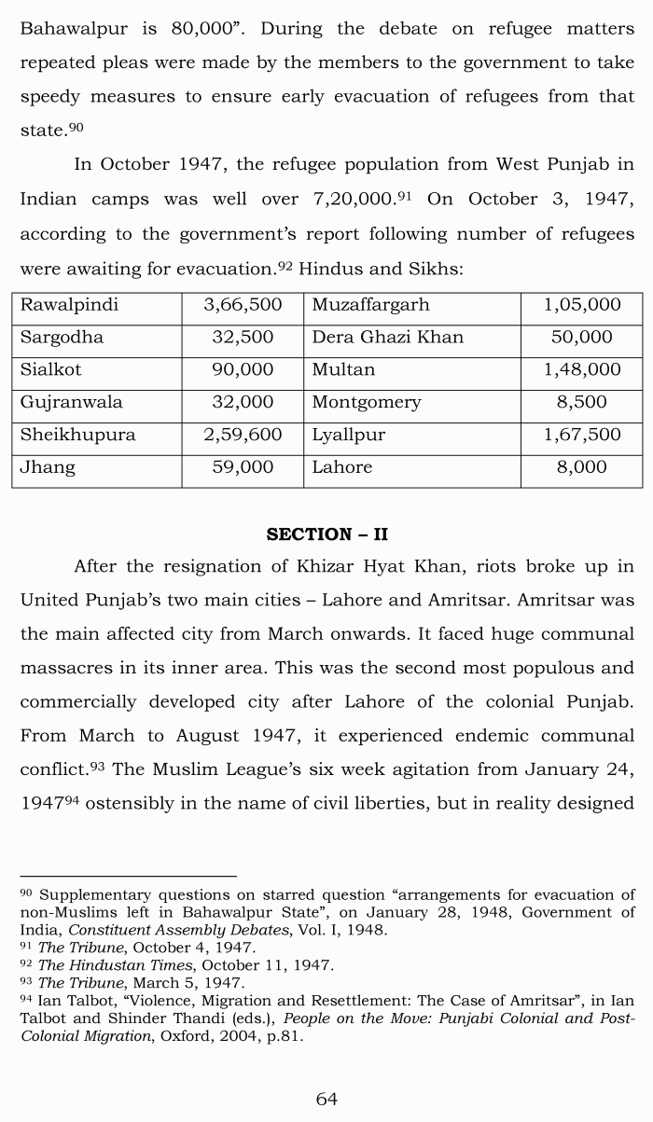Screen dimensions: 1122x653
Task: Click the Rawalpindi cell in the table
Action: pos(70,305)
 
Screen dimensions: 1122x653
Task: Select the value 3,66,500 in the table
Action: pos(243,305)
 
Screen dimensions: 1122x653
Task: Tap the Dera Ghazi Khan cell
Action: pos(387,337)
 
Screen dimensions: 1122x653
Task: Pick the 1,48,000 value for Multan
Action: pos(582,369)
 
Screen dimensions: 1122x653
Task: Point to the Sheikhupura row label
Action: pos(78,435)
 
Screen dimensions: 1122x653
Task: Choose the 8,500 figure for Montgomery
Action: pos(582,402)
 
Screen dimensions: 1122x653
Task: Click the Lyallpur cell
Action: pos(348,435)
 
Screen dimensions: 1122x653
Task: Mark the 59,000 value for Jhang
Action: pos(243,467)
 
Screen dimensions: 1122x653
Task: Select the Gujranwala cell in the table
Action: pos(72,402)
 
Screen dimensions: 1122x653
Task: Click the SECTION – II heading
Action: pos(326,534)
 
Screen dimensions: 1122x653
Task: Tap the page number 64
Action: pos(326,1099)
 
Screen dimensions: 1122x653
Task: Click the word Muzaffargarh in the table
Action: pos(370,305)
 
